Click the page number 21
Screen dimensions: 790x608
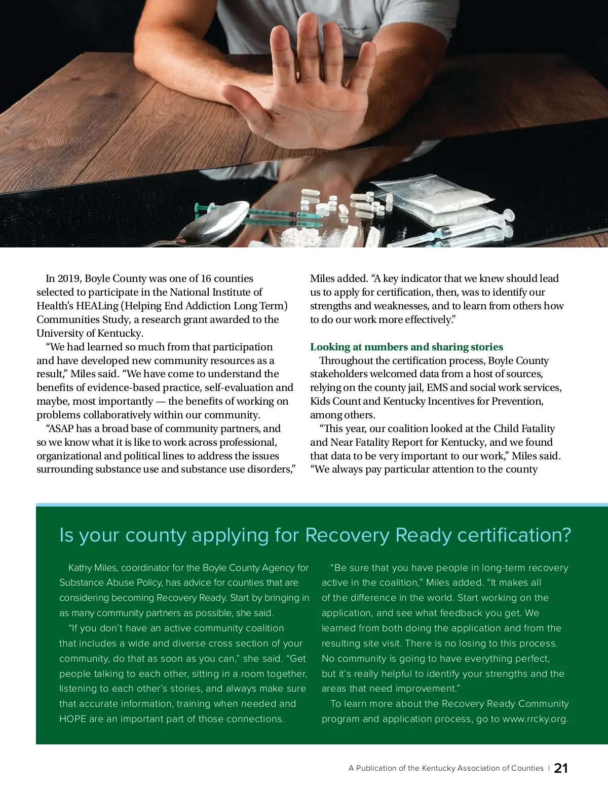point(561,768)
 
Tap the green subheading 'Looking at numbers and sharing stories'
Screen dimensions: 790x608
point(406,347)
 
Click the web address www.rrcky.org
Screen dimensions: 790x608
point(535,719)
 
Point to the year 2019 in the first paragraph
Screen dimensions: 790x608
point(69,278)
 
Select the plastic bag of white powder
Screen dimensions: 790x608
point(431,198)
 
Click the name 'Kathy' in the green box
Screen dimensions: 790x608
point(80,568)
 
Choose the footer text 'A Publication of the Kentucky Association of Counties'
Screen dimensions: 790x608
point(446,768)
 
